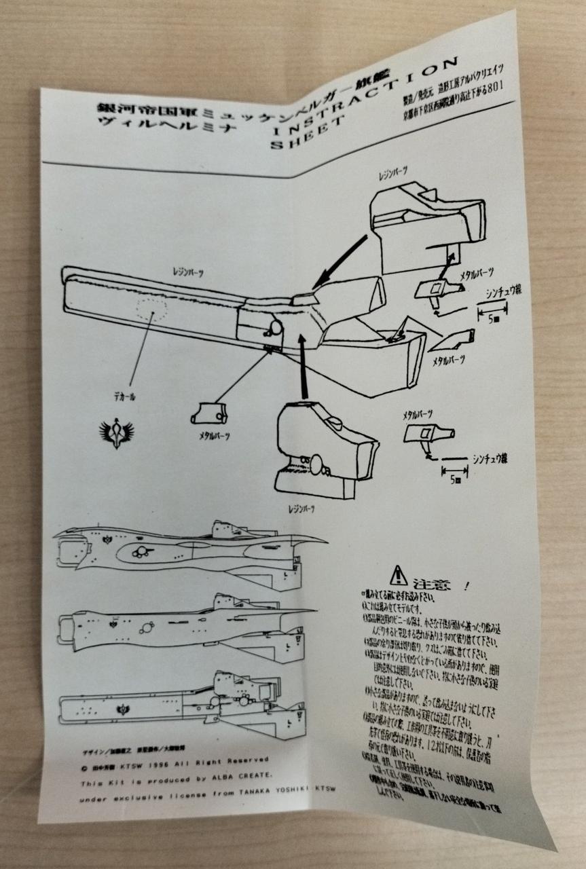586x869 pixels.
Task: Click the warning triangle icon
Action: coord(398,576)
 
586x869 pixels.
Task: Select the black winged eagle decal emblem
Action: coord(117,430)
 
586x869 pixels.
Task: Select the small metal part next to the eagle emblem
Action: coord(210,412)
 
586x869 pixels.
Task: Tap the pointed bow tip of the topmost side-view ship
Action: coord(324,540)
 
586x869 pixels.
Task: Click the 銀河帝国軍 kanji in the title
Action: coord(129,109)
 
